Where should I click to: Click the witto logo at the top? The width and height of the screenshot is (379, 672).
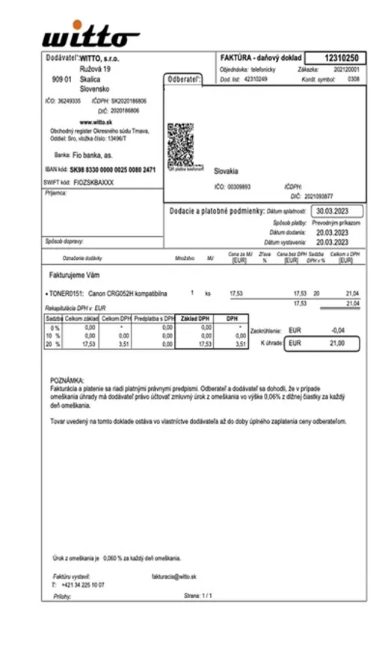[x=90, y=35]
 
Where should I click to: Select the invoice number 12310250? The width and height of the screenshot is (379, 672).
[x=343, y=58]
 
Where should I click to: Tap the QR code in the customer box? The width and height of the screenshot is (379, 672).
[x=181, y=145]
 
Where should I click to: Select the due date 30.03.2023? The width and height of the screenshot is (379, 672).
[x=338, y=211]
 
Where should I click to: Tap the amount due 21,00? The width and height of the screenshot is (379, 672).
[x=337, y=343]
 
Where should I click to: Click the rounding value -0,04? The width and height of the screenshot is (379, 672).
[x=338, y=329]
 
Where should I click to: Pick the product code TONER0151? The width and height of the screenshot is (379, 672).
[x=64, y=294]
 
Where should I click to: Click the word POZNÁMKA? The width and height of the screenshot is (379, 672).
[x=67, y=380]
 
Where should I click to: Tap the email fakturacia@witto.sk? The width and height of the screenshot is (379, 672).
[x=173, y=576]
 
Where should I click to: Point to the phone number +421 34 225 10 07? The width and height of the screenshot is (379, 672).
[x=83, y=585]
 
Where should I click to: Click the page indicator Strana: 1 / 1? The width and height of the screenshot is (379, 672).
[x=198, y=596]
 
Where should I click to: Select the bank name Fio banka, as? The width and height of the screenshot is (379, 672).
[x=93, y=155]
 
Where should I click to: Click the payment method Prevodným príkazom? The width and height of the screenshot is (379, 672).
[x=336, y=223]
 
